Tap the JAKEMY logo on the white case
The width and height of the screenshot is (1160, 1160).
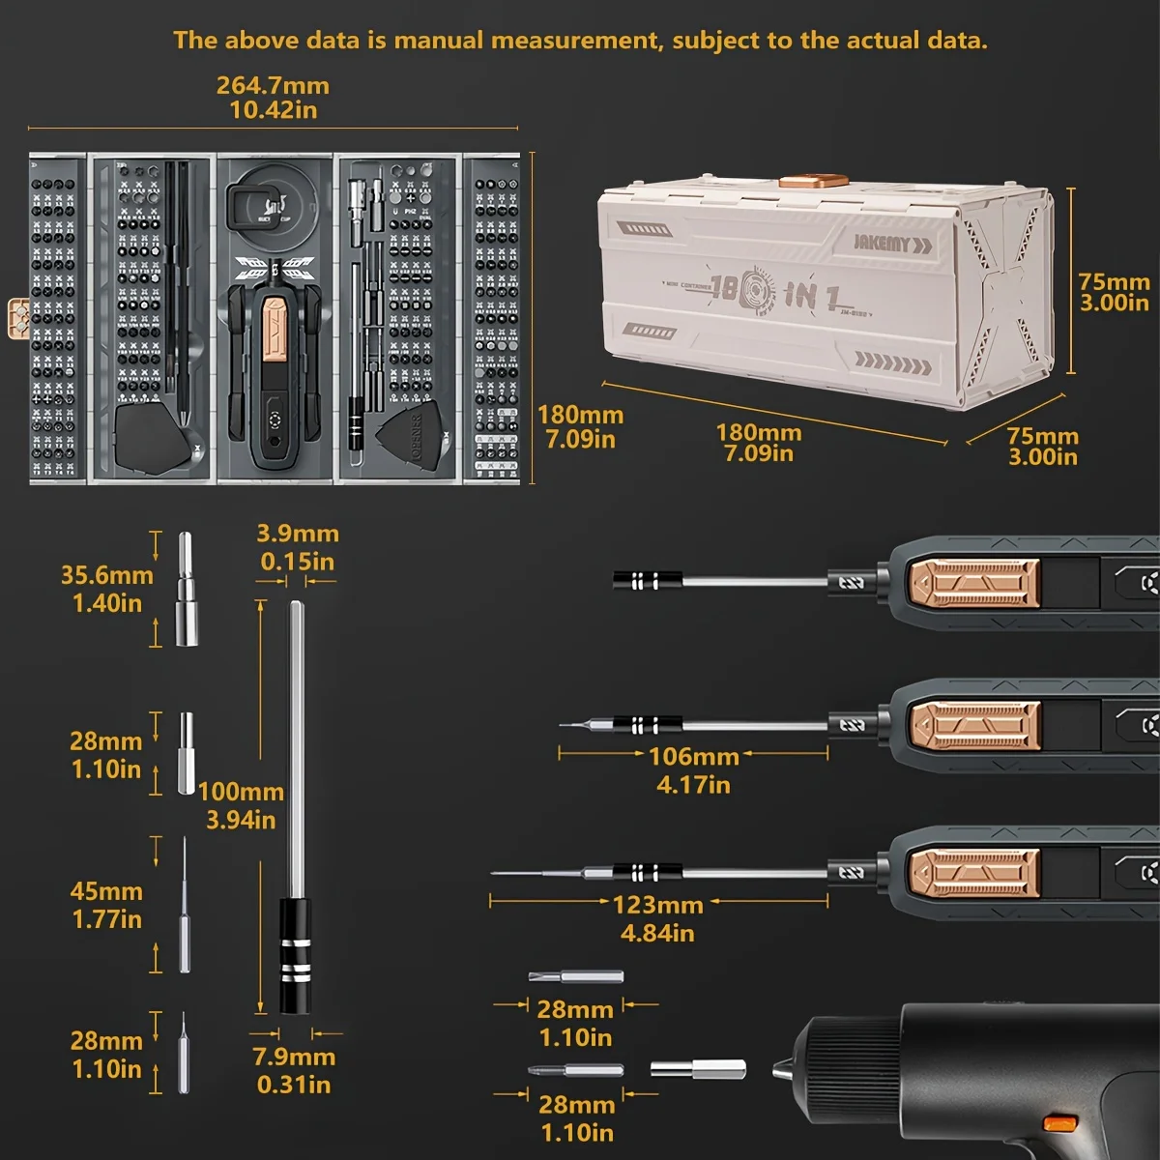881,243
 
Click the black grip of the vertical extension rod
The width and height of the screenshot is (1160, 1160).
295,956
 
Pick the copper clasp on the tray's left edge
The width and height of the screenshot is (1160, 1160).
17,319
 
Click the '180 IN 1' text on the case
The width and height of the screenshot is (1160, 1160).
773,293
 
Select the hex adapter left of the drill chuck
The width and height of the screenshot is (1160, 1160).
697,1068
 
